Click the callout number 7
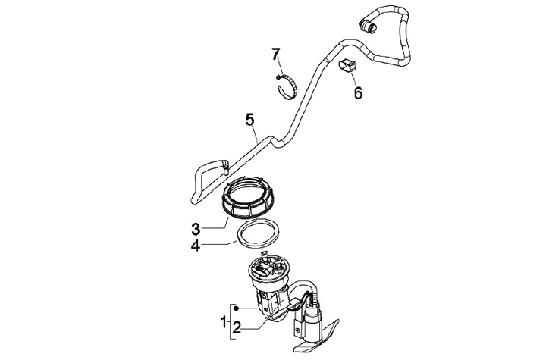click(x=276, y=53)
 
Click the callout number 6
click(x=358, y=93)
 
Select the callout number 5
click(x=249, y=119)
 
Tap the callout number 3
click(x=196, y=227)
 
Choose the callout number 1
click(x=224, y=322)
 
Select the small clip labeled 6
click(x=347, y=66)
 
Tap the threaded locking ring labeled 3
click(x=249, y=196)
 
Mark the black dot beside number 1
click(x=237, y=309)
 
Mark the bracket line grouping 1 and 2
click(x=230, y=322)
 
